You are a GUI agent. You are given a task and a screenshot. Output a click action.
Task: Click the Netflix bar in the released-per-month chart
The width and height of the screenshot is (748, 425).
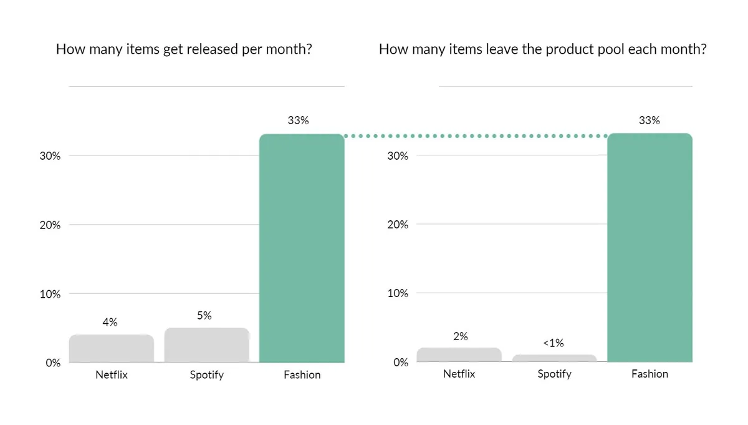(112, 348)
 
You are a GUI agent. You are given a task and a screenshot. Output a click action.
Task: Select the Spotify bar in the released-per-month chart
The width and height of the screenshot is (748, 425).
(207, 344)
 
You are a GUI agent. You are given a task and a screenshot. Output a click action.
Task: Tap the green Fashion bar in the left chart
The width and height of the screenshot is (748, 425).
(302, 248)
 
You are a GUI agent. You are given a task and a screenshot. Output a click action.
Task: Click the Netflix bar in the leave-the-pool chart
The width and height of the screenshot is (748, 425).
(459, 354)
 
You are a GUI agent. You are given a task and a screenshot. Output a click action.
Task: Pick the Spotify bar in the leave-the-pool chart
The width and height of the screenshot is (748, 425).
(554, 358)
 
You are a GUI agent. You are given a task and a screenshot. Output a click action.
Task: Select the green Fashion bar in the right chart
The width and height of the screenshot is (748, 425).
(650, 247)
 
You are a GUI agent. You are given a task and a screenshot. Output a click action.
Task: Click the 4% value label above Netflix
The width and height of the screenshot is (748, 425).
(110, 322)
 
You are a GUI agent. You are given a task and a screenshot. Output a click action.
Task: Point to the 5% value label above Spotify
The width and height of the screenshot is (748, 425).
(204, 315)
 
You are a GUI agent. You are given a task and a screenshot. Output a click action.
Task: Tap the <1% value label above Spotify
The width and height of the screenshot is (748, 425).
(554, 343)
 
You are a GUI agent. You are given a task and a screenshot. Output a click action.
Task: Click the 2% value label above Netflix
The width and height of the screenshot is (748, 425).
(461, 336)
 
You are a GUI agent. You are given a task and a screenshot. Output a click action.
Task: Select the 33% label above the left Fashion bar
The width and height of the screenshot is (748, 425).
(298, 120)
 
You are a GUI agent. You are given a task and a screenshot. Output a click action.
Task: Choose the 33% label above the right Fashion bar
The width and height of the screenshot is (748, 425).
(650, 120)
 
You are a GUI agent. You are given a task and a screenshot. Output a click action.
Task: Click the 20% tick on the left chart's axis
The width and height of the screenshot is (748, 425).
(50, 225)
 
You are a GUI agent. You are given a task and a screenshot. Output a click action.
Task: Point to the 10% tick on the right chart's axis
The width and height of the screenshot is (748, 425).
(398, 293)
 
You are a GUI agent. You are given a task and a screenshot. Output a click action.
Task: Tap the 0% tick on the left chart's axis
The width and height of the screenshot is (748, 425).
(53, 363)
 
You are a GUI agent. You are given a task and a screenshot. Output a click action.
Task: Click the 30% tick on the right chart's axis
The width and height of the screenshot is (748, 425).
(398, 155)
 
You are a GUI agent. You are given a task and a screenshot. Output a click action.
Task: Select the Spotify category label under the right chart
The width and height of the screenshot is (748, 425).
(554, 374)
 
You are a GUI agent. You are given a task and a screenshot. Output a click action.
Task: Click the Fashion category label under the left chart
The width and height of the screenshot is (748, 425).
(302, 374)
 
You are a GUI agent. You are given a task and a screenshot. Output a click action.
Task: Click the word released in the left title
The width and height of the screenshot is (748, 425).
(213, 49)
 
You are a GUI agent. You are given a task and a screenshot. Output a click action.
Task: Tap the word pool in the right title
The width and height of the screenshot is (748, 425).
(610, 50)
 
